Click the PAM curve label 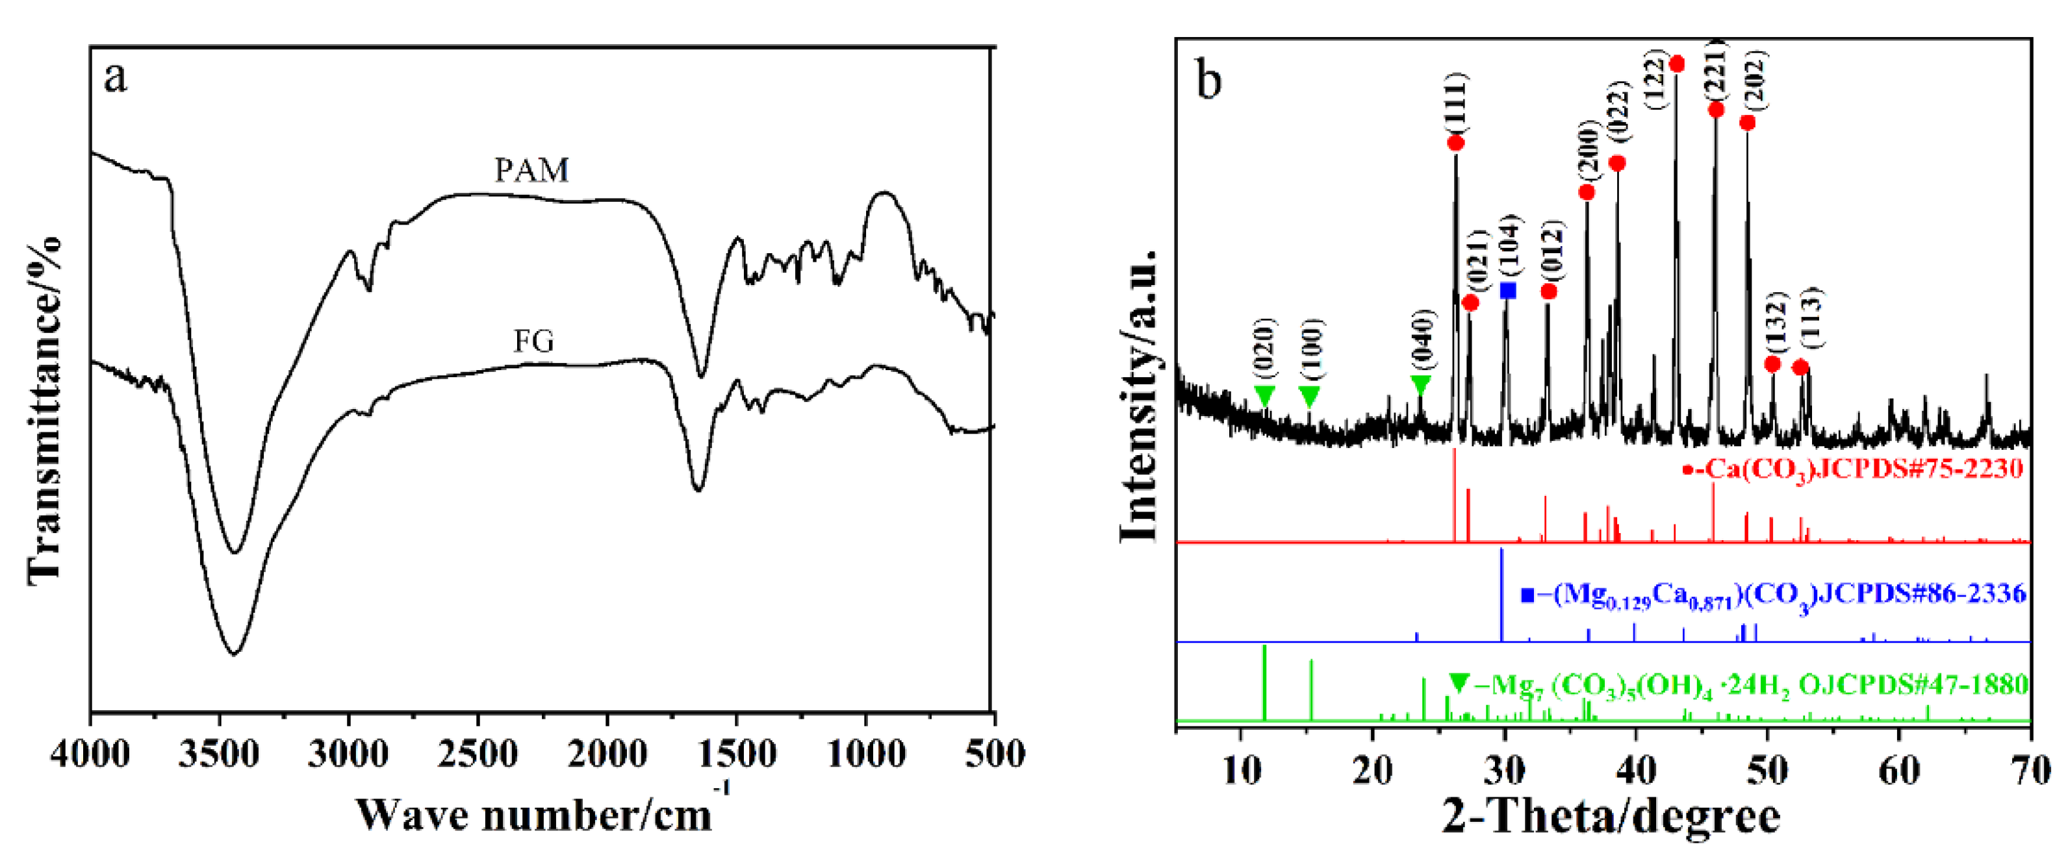(x=531, y=171)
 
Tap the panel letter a (x=115, y=79)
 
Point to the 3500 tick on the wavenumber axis (x=218, y=754)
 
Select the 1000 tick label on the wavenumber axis (x=865, y=754)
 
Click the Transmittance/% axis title (x=45, y=409)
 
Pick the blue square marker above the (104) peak (x=1508, y=290)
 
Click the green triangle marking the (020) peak (x=1264, y=395)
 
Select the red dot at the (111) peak (x=1455, y=143)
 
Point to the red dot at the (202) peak (x=1747, y=123)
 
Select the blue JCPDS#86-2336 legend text (x=1774, y=595)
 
